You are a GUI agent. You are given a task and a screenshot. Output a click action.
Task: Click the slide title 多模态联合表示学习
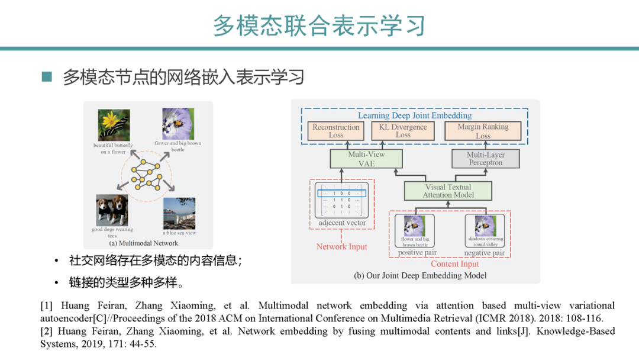[319, 26]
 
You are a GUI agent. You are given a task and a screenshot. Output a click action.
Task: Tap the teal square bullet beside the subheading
[47, 77]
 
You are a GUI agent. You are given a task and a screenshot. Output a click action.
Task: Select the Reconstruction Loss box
[336, 131]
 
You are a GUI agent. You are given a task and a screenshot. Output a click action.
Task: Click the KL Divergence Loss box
[403, 131]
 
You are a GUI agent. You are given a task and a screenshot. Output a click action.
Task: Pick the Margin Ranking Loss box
[483, 131]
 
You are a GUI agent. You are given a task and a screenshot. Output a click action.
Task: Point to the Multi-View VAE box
[366, 159]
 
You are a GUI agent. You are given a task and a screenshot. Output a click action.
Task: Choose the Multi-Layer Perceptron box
[485, 159]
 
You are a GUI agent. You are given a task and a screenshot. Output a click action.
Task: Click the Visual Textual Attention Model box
[448, 191]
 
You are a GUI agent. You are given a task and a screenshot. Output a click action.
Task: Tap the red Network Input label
[341, 246]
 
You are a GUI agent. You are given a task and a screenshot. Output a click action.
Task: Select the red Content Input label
[454, 264]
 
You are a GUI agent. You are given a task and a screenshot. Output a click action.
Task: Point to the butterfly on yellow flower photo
[113, 125]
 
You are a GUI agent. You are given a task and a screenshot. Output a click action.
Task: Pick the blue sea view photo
[179, 214]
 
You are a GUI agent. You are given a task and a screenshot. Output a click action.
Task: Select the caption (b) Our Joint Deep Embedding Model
[420, 275]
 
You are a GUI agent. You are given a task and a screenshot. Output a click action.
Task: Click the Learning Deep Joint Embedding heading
[415, 115]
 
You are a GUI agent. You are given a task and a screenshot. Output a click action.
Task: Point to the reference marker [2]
[46, 331]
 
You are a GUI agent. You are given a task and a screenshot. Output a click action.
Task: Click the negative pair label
[485, 253]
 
